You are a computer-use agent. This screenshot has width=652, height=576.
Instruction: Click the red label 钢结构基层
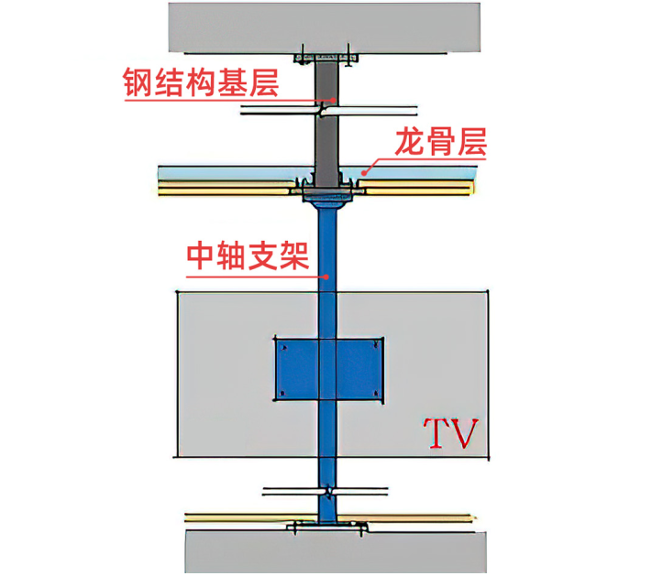point(201,83)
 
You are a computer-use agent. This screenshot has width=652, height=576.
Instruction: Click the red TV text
point(450,434)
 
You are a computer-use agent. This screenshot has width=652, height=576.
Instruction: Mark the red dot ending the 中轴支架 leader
point(328,273)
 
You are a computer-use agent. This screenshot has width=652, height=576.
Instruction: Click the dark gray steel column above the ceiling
point(325,137)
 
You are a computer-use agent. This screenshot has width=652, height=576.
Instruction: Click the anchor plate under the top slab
point(325,59)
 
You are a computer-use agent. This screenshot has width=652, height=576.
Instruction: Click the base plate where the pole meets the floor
point(326,526)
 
